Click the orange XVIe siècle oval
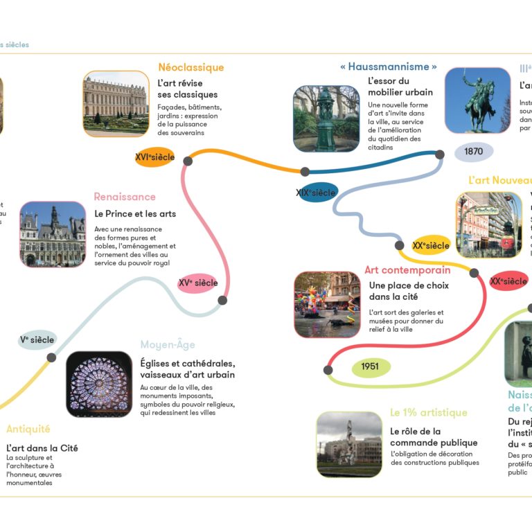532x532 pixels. tap(154, 157)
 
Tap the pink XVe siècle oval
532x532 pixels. tap(197, 283)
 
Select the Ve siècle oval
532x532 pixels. tap(37, 339)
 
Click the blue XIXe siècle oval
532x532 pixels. tap(315, 192)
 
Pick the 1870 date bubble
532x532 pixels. tap(473, 151)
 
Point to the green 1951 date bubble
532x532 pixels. tap(370, 366)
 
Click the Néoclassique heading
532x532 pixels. tap(190, 68)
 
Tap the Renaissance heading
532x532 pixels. tap(125, 197)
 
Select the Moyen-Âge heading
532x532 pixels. tap(168, 345)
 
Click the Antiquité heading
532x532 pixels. tap(28, 429)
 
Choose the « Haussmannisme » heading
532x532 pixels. tap(389, 67)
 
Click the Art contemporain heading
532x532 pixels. tap(407, 270)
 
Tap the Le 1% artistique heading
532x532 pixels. tap(428, 413)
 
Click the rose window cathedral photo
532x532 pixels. tap(99, 384)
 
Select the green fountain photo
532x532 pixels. tap(326, 118)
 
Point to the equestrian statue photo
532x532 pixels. tap(477, 100)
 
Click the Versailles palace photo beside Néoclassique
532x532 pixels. tap(116, 103)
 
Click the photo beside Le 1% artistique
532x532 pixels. tap(349, 445)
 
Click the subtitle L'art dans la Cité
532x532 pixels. tap(42, 448)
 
